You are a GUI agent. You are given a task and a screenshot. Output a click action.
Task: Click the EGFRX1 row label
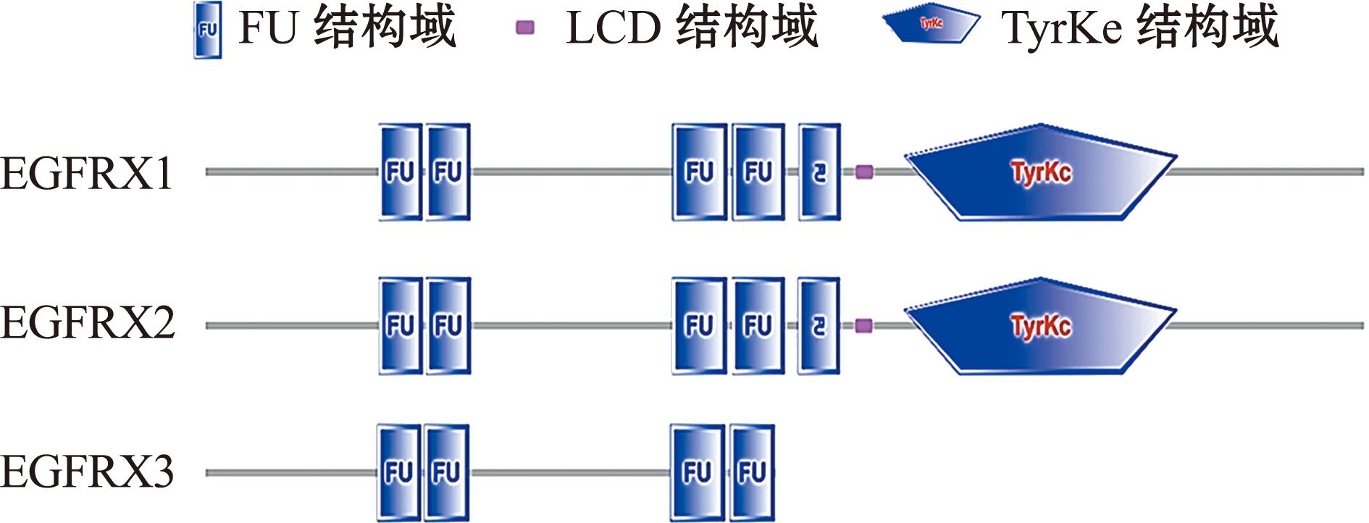point(87,174)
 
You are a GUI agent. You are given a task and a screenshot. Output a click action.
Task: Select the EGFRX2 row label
point(88,324)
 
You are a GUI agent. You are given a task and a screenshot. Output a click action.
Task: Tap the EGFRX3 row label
point(87,472)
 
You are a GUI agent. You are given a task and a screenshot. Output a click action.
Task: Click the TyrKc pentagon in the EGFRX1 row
point(1040,172)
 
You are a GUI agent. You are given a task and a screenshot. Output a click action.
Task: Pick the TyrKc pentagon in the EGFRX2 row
point(1040,326)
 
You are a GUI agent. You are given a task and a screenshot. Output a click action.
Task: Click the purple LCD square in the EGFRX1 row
point(864,172)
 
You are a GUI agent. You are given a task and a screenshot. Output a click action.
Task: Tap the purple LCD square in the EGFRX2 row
point(863,326)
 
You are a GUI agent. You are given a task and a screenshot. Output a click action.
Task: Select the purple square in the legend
point(524,28)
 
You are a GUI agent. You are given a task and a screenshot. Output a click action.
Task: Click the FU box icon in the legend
point(207,30)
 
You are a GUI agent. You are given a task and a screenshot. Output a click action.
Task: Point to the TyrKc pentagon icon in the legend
point(931,25)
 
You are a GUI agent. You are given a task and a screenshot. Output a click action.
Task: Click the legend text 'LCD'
point(613,28)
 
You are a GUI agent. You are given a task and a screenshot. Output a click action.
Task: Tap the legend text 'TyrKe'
point(1062,29)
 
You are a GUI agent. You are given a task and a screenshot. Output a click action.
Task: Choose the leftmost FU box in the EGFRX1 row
point(400,172)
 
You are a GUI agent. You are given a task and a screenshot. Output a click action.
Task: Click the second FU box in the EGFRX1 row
point(448,172)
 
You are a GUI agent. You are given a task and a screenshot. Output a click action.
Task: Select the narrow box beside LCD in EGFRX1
point(820,172)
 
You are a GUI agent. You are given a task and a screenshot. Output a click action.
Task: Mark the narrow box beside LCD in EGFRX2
point(819,326)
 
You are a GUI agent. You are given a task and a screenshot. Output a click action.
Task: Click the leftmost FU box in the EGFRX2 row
point(400,326)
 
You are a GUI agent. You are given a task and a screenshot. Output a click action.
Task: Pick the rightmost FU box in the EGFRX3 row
point(752,473)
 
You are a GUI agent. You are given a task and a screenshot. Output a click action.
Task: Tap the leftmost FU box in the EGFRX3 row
point(398,473)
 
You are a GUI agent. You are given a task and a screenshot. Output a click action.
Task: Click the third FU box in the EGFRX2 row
point(699,326)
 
